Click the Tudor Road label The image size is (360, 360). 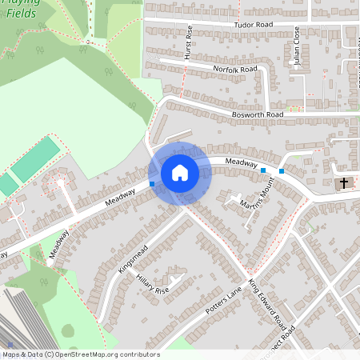coord(253,25)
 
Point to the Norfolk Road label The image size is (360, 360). coord(235,70)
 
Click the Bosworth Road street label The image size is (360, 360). coord(258,115)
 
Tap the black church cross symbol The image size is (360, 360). coord(344,183)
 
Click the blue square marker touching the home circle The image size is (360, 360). coord(152,184)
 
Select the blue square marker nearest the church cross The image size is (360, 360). coord(282,170)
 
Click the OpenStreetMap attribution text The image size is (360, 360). coord(80,354)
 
